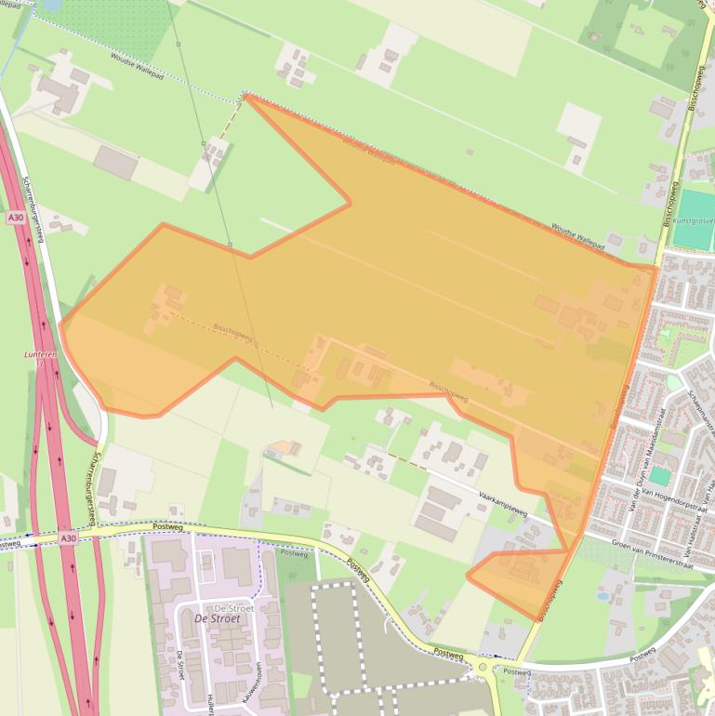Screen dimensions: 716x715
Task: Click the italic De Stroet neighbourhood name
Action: coord(217,618)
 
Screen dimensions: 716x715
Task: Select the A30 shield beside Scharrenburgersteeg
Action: coord(14,217)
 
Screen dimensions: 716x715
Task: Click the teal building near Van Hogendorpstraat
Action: coord(659,476)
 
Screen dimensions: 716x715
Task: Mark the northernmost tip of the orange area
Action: coord(245,95)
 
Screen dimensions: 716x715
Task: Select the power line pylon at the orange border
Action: coord(230,244)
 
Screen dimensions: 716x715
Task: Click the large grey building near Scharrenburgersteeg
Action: coord(115,163)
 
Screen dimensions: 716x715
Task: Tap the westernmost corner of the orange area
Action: coord(60,324)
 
